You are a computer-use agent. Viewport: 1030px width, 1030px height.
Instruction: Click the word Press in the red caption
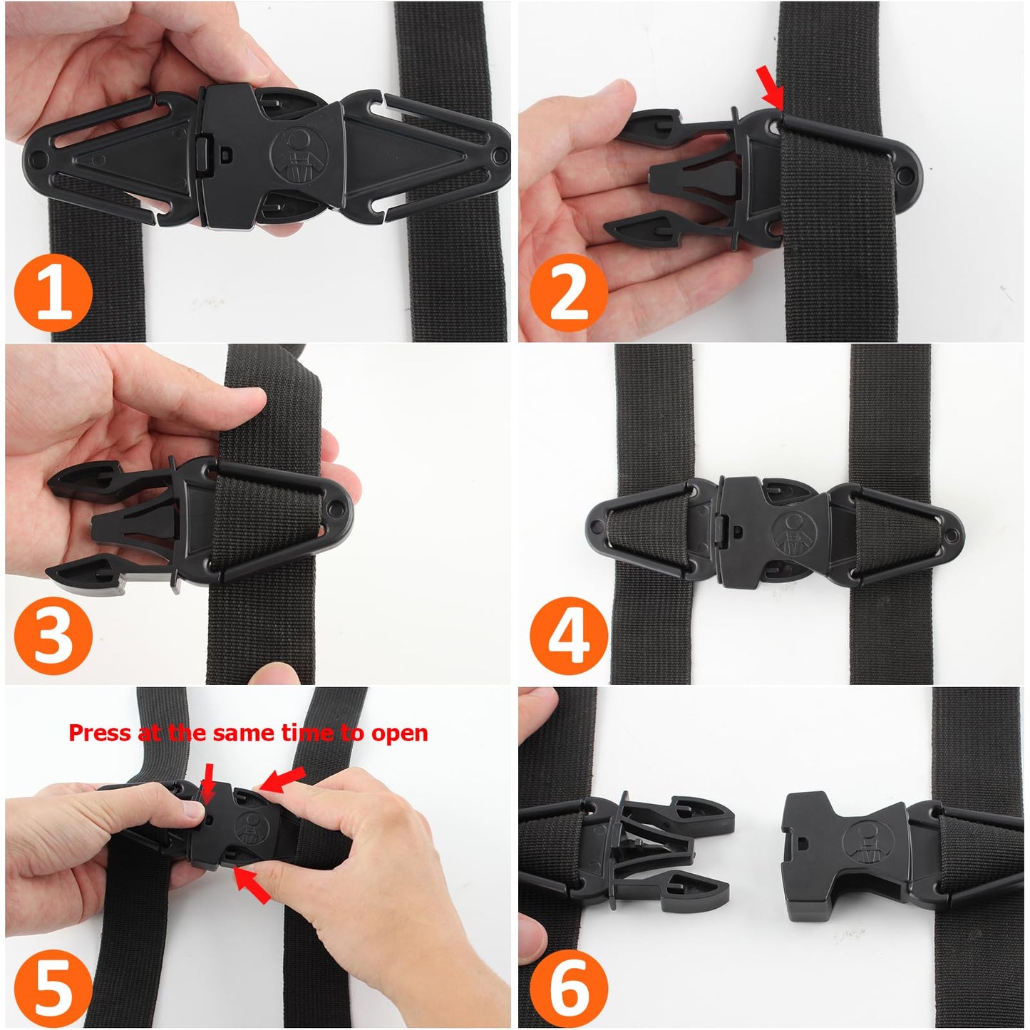click(x=99, y=733)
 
